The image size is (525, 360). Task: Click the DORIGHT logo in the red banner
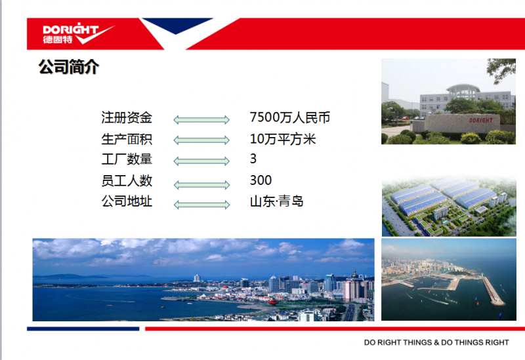(78, 33)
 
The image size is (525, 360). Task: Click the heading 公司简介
(69, 67)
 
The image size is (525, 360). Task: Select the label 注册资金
(127, 118)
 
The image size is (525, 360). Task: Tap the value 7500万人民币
(290, 117)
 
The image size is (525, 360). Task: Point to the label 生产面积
(127, 139)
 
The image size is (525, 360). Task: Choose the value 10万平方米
(283, 139)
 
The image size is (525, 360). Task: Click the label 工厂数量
(127, 159)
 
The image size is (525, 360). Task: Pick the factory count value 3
(253, 159)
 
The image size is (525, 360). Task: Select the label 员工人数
(127, 181)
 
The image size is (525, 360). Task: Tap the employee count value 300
(261, 180)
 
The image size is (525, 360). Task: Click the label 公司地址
(127, 201)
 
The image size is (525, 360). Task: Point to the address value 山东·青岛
(276, 201)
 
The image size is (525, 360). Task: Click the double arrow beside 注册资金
(201, 120)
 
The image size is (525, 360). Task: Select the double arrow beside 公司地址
(201, 205)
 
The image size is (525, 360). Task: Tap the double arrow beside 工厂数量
(201, 161)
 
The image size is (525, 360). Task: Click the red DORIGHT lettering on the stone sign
(480, 120)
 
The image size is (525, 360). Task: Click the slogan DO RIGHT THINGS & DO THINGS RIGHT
(436, 342)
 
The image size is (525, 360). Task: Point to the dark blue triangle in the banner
(176, 26)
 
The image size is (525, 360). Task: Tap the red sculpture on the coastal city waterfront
(273, 302)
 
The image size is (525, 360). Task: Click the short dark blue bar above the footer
(83, 329)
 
